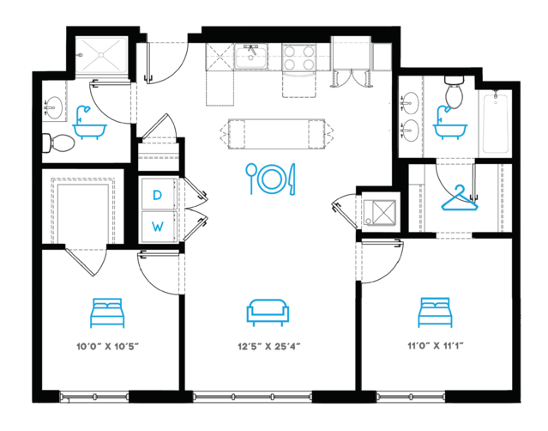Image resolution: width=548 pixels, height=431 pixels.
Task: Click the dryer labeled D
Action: click(158, 195)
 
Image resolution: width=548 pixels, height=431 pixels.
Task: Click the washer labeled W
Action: click(158, 226)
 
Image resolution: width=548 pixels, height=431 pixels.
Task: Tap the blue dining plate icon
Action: click(270, 179)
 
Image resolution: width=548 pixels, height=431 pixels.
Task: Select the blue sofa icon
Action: click(268, 313)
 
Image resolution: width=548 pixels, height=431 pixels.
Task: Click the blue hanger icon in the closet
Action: click(460, 198)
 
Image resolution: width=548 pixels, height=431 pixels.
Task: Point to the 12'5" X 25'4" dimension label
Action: click(269, 347)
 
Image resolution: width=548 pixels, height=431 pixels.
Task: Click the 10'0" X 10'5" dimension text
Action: click(108, 347)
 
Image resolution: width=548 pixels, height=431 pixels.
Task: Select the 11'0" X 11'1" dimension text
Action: click(436, 346)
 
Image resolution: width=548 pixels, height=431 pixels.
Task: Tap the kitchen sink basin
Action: click(251, 56)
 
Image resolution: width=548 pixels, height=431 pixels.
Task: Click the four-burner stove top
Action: click(298, 58)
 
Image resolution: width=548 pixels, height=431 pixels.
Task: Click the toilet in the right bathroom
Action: click(454, 92)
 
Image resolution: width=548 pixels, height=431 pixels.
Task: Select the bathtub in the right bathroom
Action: click(495, 121)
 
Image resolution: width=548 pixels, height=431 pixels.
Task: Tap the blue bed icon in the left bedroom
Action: click(107, 313)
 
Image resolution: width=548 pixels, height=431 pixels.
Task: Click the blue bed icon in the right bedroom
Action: click(435, 313)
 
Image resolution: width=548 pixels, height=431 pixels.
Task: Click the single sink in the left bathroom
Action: click(53, 107)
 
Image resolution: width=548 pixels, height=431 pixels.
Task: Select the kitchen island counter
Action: click(276, 134)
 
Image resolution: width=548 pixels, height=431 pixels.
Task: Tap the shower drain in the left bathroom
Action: click(101, 55)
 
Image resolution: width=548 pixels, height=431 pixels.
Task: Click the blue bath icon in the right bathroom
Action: click(450, 123)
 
